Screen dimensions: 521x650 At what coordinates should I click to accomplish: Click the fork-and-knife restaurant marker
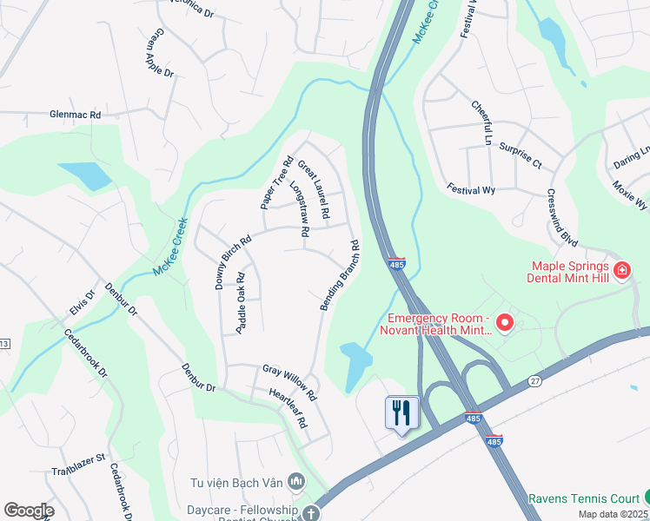click(401, 412)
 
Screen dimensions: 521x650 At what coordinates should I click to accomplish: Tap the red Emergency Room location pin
click(504, 323)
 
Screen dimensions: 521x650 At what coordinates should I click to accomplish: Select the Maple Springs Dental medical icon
click(621, 271)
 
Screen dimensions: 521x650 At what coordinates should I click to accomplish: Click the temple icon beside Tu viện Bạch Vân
click(296, 480)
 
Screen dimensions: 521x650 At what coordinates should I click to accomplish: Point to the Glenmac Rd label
click(76, 115)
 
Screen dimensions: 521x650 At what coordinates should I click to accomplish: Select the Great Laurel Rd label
click(314, 189)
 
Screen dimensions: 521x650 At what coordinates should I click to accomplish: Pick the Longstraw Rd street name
click(299, 209)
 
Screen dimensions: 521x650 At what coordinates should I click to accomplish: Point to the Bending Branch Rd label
click(340, 276)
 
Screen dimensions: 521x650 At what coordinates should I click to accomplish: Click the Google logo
click(29, 511)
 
